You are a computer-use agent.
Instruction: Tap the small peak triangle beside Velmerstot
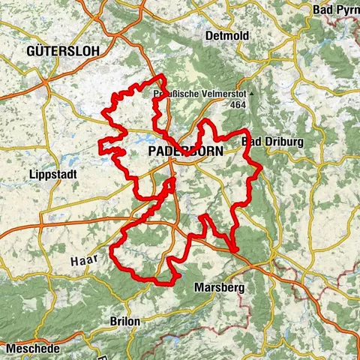point(252,94)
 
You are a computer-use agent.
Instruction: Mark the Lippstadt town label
point(49,174)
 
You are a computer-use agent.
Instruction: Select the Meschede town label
point(31,348)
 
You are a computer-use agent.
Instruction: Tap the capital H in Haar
point(73,261)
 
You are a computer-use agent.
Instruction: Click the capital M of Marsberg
point(198,288)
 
